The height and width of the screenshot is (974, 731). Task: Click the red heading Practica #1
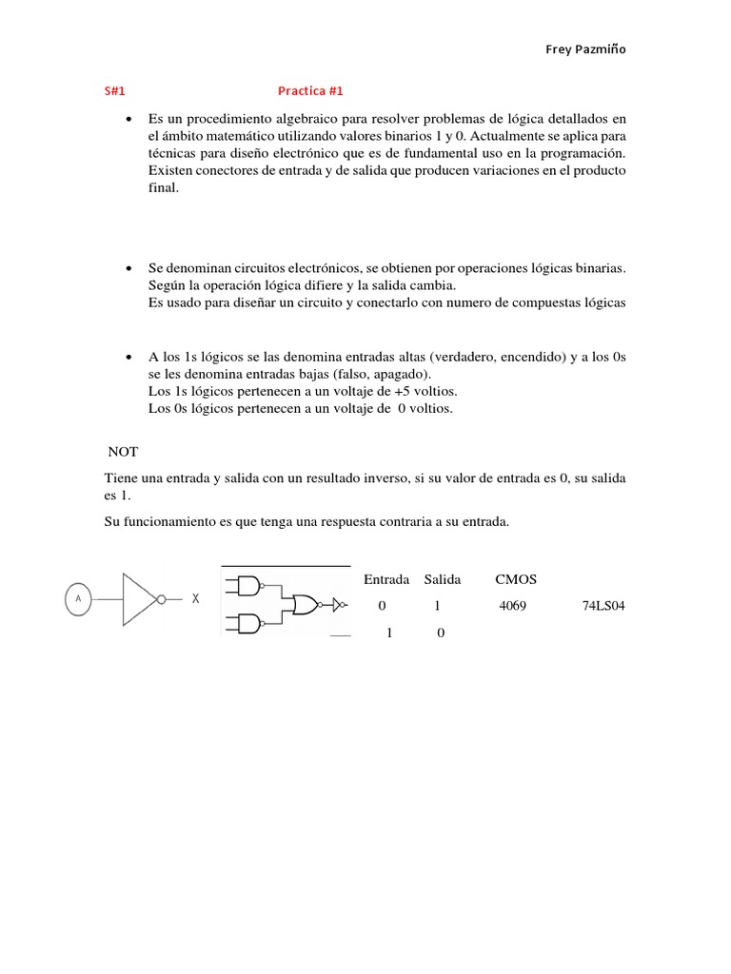[309, 91]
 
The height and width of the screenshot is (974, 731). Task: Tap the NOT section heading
[124, 452]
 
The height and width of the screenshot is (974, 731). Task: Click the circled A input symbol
[77, 598]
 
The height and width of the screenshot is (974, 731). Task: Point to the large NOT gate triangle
[138, 599]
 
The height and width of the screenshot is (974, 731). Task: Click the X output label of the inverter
[196, 599]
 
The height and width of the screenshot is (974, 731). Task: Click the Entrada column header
[386, 579]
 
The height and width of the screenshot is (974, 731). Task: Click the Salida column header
[443, 579]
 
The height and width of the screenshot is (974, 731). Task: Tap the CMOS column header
[516, 579]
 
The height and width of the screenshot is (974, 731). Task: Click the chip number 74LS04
[603, 605]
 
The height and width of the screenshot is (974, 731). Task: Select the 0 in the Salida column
[440, 633]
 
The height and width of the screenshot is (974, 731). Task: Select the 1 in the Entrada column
[389, 633]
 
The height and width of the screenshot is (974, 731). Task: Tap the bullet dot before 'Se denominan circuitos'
[128, 269]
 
